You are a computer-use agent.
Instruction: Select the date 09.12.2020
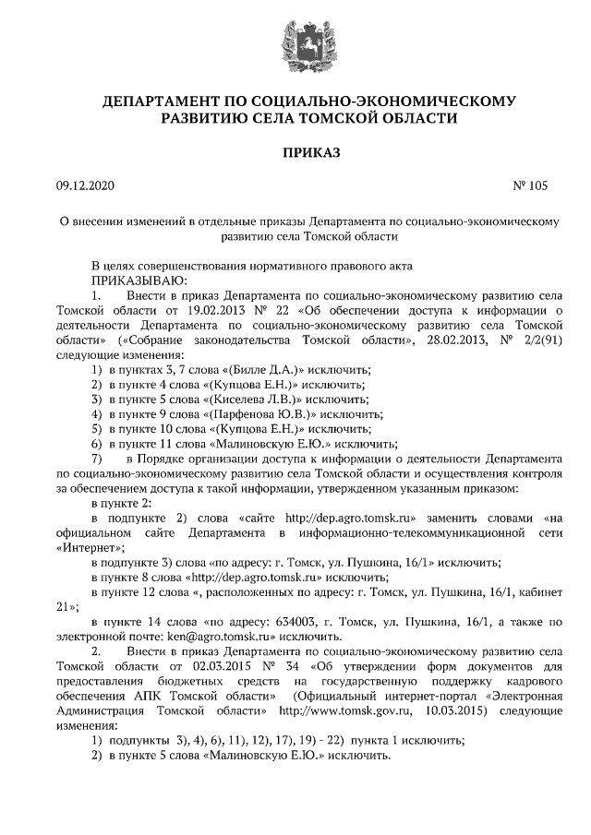(84, 185)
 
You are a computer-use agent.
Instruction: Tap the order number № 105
(529, 185)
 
